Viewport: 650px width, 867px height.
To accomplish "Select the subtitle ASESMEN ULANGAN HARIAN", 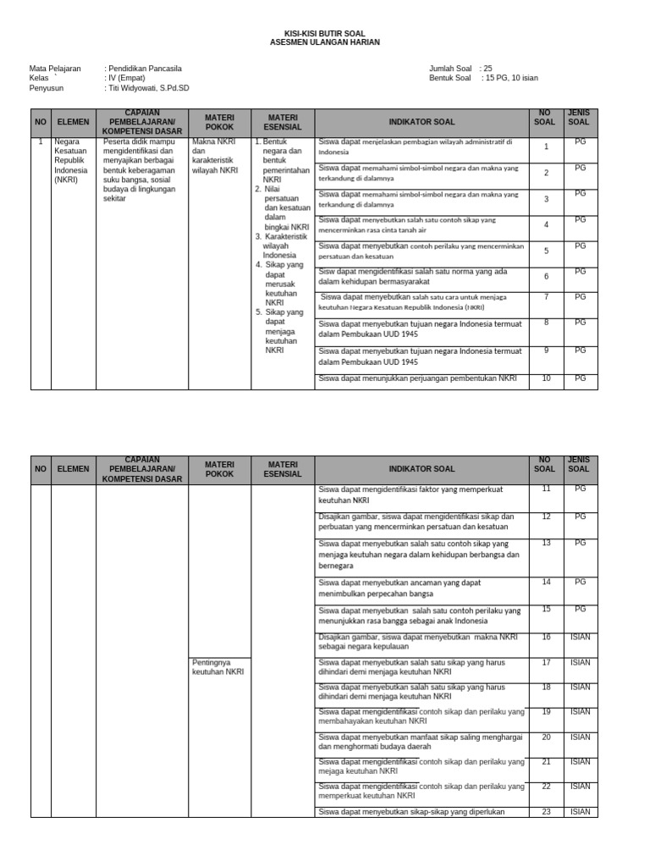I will pyautogui.click(x=325, y=41).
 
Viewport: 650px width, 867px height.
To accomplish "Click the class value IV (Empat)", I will pyautogui.click(x=128, y=78).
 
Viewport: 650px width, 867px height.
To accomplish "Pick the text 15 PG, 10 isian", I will pyautogui.click(x=511, y=78).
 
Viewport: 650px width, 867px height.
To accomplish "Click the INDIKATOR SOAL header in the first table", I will pyautogui.click(x=421, y=122).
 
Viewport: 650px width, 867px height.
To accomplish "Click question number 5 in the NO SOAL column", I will pyautogui.click(x=547, y=251).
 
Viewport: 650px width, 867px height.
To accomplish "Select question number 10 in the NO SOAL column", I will pyautogui.click(x=547, y=378).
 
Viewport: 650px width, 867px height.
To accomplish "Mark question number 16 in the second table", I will pyautogui.click(x=547, y=637).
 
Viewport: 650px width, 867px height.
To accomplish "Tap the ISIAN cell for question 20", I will pyautogui.click(x=580, y=737).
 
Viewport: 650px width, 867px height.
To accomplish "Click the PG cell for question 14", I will pyautogui.click(x=580, y=583).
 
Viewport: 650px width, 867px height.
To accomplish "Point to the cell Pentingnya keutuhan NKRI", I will pyautogui.click(x=218, y=666).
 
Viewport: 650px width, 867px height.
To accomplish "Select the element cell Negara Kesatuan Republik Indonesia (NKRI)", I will pyautogui.click(x=71, y=161).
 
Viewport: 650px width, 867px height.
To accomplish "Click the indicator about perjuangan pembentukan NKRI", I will pyautogui.click(x=417, y=378).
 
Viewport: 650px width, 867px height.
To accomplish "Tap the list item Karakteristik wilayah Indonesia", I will pyautogui.click(x=284, y=246).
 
